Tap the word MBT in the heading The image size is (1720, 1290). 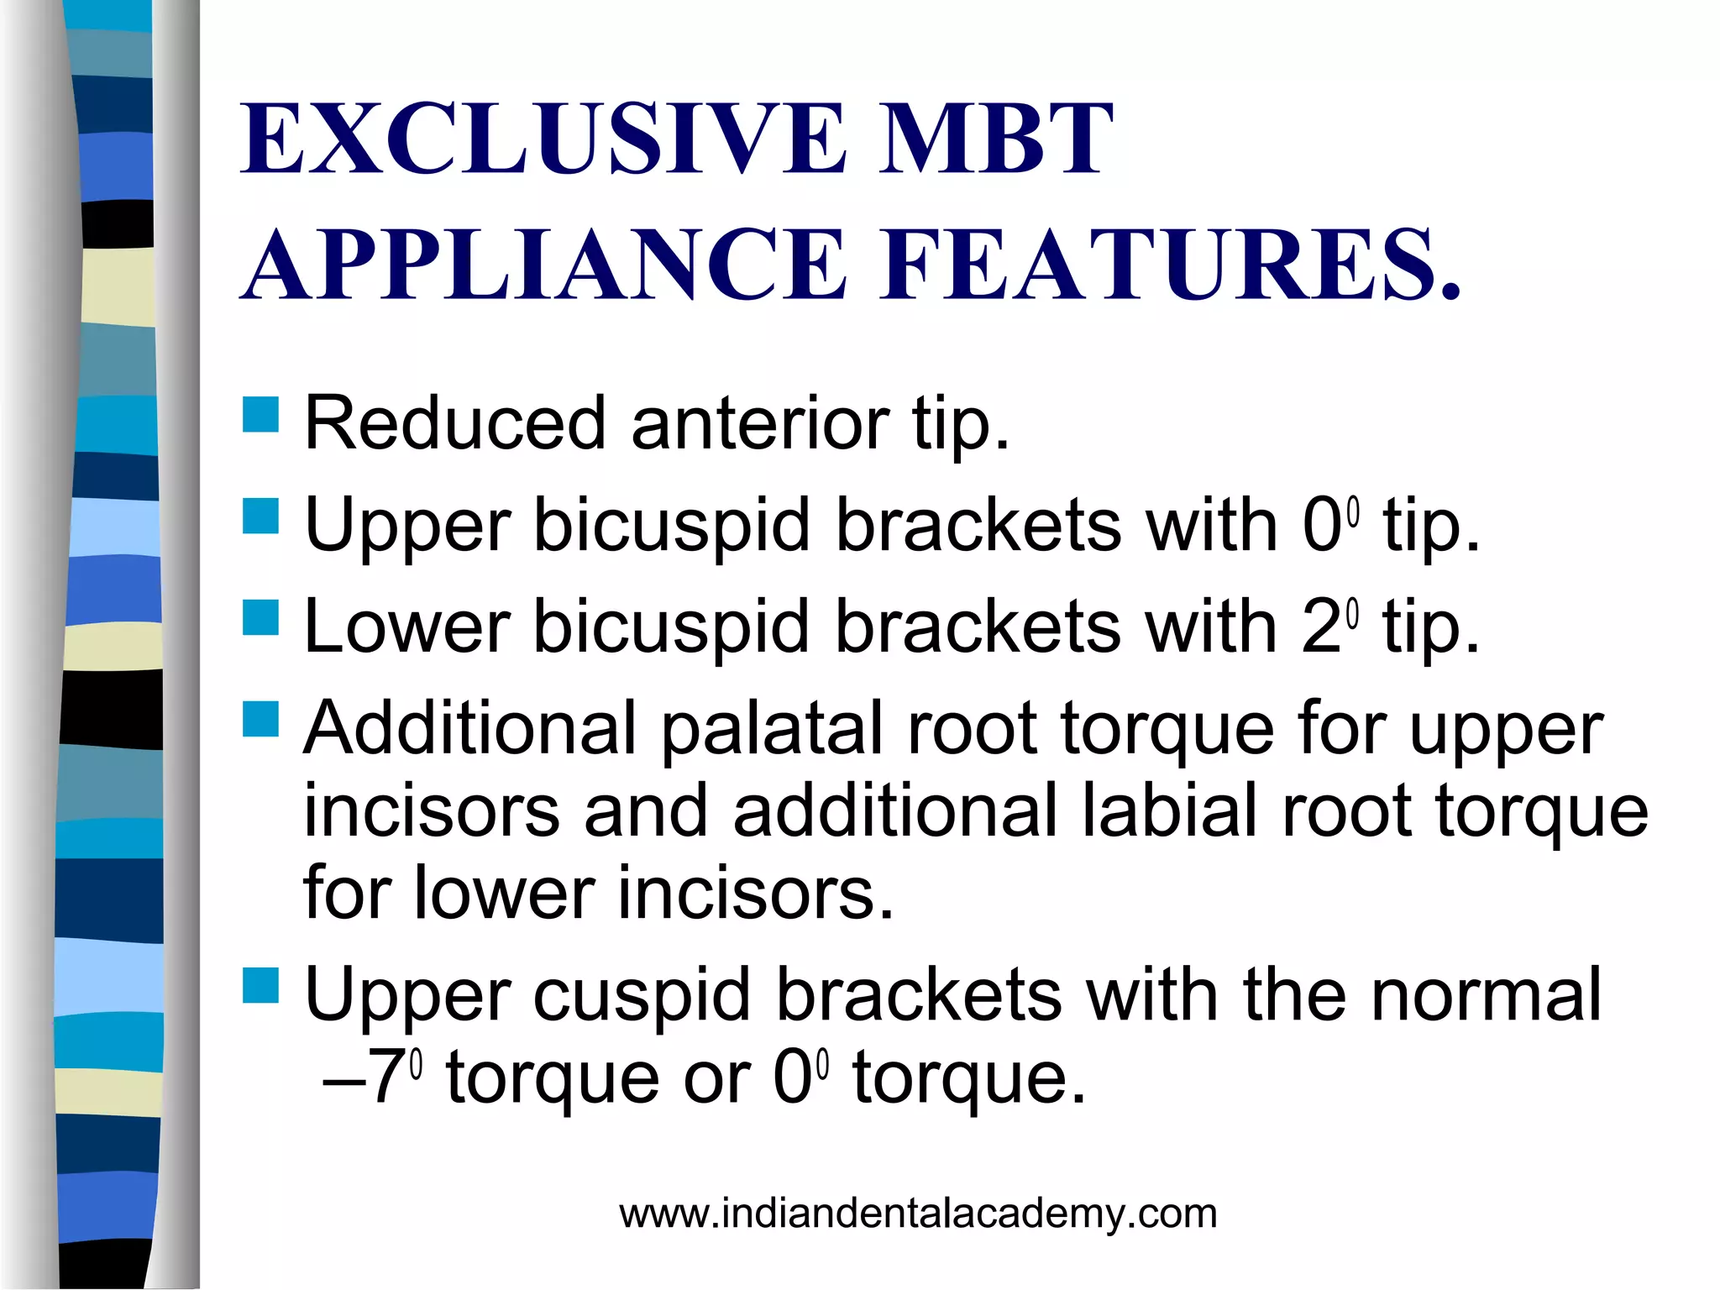(995, 139)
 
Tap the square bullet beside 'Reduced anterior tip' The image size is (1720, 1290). (260, 415)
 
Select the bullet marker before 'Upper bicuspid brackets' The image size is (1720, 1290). (260, 517)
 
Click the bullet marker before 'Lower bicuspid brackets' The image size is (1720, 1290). (260, 617)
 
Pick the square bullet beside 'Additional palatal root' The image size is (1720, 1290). (260, 719)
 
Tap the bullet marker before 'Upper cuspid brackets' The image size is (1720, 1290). (260, 986)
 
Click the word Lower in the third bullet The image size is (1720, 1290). (407, 627)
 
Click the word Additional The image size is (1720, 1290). (470, 729)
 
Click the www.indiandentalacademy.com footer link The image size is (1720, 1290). (918, 1214)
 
